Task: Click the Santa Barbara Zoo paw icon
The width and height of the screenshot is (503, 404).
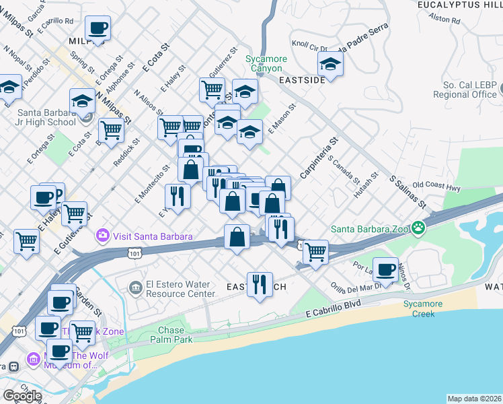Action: [418, 228]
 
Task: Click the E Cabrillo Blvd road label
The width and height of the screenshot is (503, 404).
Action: [334, 310]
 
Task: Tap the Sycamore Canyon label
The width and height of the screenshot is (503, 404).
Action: [266, 63]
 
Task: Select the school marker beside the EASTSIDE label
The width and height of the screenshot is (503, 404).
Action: [330, 65]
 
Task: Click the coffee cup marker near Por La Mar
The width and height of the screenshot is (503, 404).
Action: [385, 269]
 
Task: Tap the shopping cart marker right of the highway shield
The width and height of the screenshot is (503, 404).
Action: [315, 252]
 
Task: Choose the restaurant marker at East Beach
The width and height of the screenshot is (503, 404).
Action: [259, 285]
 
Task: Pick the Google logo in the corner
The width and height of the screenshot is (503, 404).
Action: [22, 396]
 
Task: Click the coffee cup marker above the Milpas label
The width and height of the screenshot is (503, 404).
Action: [98, 28]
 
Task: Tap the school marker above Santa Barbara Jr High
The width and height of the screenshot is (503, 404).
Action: [82, 101]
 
